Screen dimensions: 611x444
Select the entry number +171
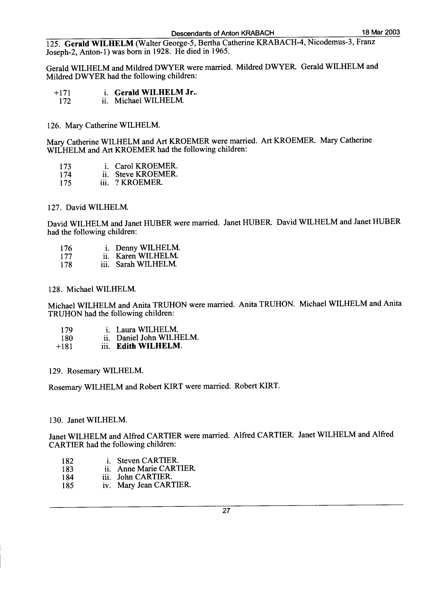[x=62, y=93]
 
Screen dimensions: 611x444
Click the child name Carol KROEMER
[x=146, y=166]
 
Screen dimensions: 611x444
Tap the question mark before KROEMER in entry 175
[x=117, y=182]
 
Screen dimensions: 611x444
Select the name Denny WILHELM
[x=148, y=247]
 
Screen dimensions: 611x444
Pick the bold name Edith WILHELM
[x=149, y=346]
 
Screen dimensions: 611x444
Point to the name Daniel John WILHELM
[x=157, y=338]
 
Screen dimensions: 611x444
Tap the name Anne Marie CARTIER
[x=156, y=468]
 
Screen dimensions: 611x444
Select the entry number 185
[x=68, y=485]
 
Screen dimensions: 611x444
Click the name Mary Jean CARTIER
[x=154, y=485]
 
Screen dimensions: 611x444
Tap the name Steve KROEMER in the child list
[x=146, y=174]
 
